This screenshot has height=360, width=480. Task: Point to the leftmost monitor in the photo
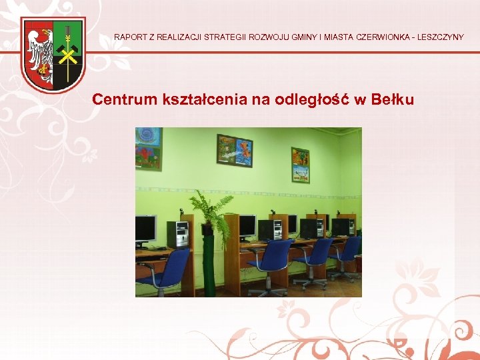point(145,229)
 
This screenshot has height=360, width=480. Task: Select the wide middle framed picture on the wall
point(234,151)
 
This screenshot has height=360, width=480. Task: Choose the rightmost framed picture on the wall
point(300,164)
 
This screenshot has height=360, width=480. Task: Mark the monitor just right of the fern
point(247,226)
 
